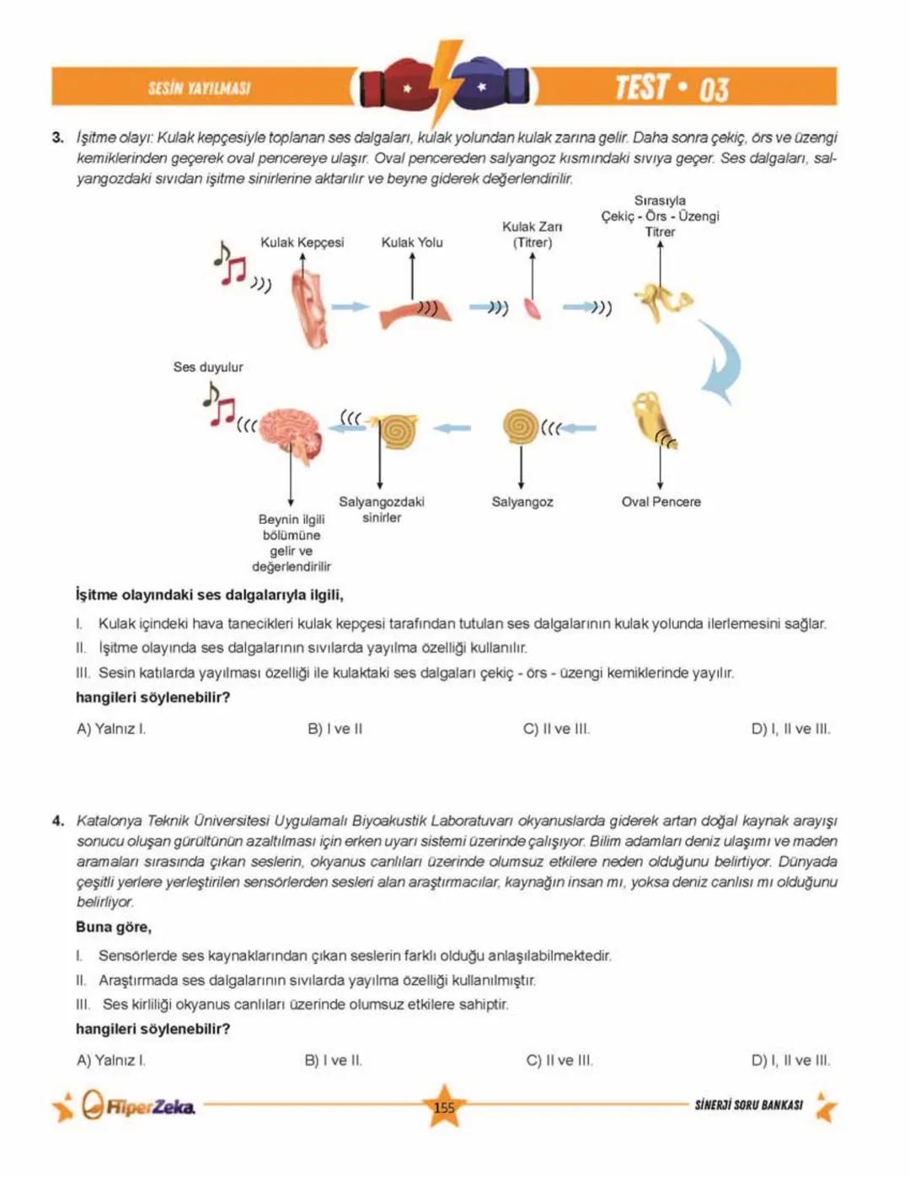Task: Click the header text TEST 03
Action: click(x=671, y=88)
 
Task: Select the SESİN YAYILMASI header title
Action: click(x=199, y=88)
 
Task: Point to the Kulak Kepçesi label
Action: click(x=302, y=243)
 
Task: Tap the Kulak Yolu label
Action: click(x=411, y=243)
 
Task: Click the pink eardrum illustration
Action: click(x=533, y=308)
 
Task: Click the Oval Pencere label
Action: click(x=661, y=502)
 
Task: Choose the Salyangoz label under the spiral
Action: click(x=522, y=502)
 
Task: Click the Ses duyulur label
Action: click(x=207, y=367)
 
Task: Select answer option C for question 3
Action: click(x=556, y=729)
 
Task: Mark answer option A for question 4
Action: click(x=110, y=1061)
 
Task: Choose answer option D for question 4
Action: click(x=790, y=1061)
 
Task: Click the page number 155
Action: click(x=444, y=1108)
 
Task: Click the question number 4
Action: click(x=57, y=821)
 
